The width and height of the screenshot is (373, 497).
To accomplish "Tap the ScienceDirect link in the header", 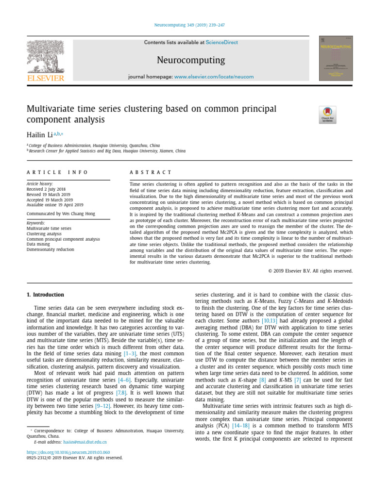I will pos(221,43).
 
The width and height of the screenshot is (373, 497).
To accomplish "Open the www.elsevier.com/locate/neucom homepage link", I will pos(208,77).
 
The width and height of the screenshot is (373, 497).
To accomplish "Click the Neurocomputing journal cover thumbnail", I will pos(336,58).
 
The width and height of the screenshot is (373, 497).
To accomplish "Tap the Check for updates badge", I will pos(327,115).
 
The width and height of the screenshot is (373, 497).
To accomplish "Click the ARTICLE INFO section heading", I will pos(57,172).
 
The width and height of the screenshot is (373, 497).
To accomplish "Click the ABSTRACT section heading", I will pos(151,172).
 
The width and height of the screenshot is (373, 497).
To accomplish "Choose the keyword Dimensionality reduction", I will pos(51,249).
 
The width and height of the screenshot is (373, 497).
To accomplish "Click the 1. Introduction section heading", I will pos(45,295).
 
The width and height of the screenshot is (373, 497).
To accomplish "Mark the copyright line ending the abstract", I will pos(310,271).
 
